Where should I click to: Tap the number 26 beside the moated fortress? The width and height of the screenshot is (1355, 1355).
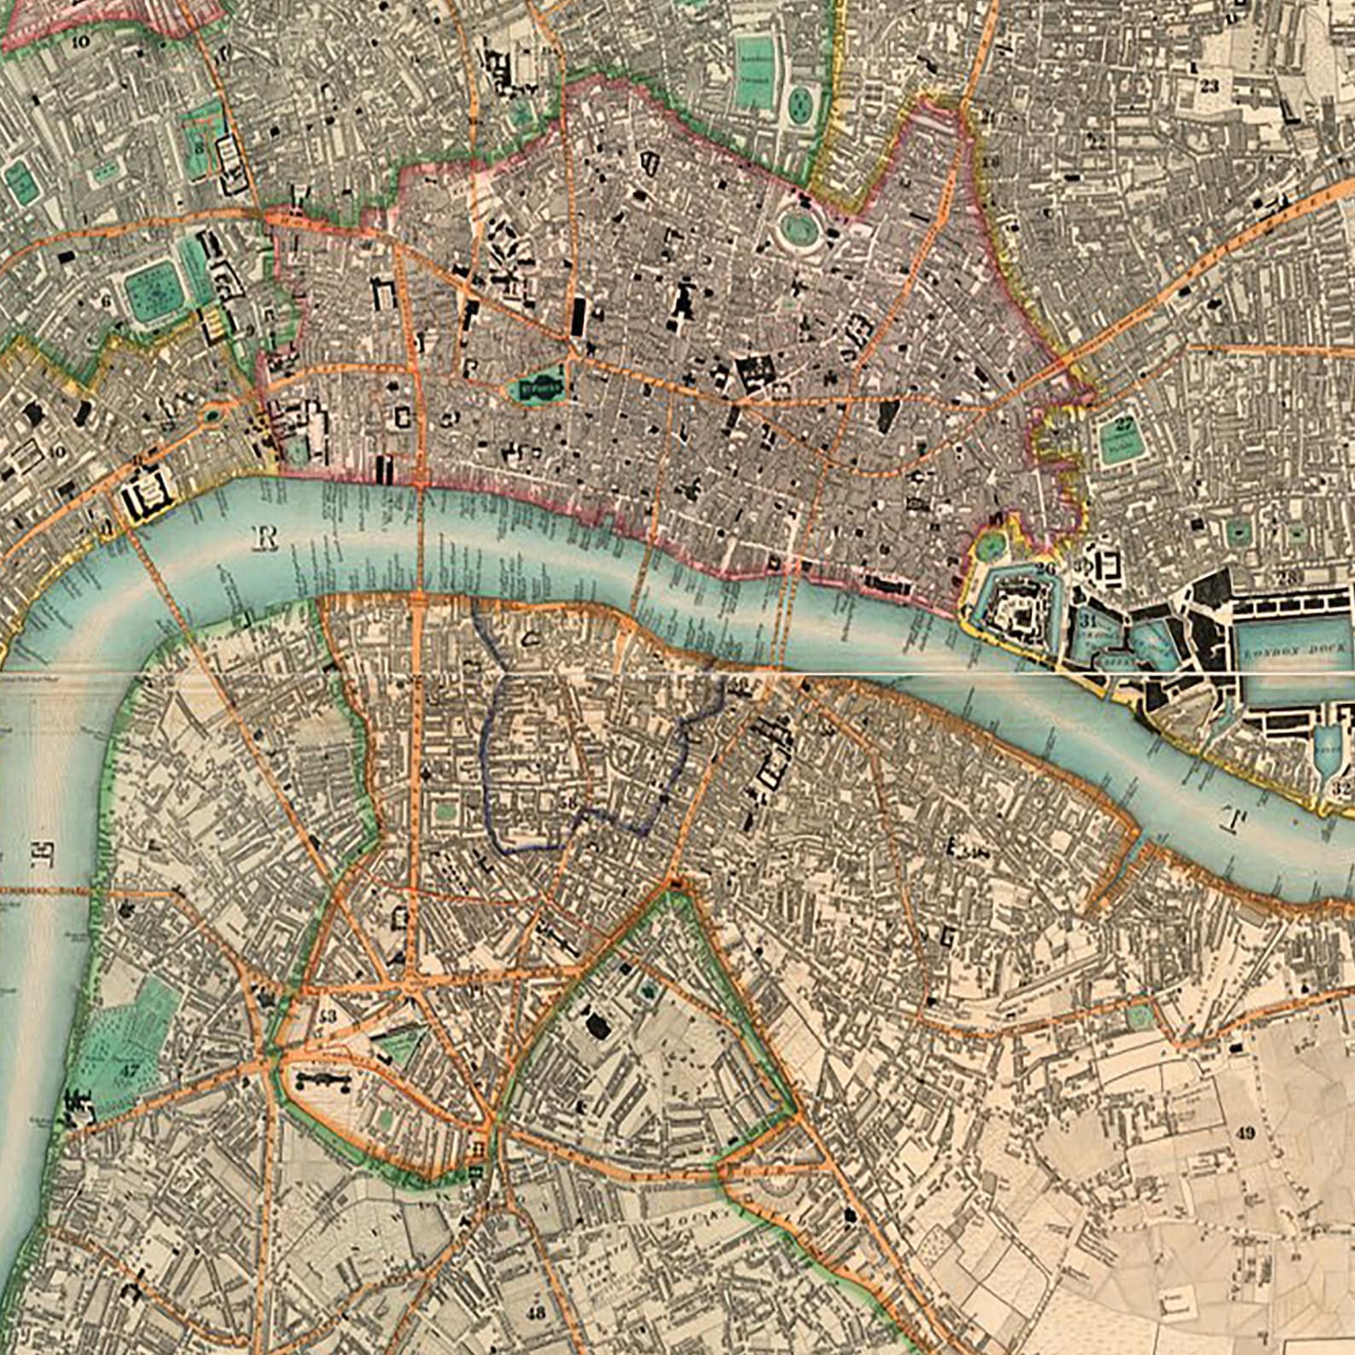pyautogui.click(x=1047, y=568)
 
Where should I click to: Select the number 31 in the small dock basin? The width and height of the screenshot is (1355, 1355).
pyautogui.click(x=1086, y=619)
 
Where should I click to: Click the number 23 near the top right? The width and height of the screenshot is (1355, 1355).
pyautogui.click(x=1208, y=85)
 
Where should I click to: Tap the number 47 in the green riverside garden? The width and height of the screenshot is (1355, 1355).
pyautogui.click(x=129, y=1069)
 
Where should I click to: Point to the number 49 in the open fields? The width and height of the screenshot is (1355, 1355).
pyautogui.click(x=1245, y=1133)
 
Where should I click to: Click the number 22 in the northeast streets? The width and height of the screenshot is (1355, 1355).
pyautogui.click(x=1097, y=142)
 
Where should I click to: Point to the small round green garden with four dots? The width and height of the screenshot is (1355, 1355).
pyautogui.click(x=800, y=106)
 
